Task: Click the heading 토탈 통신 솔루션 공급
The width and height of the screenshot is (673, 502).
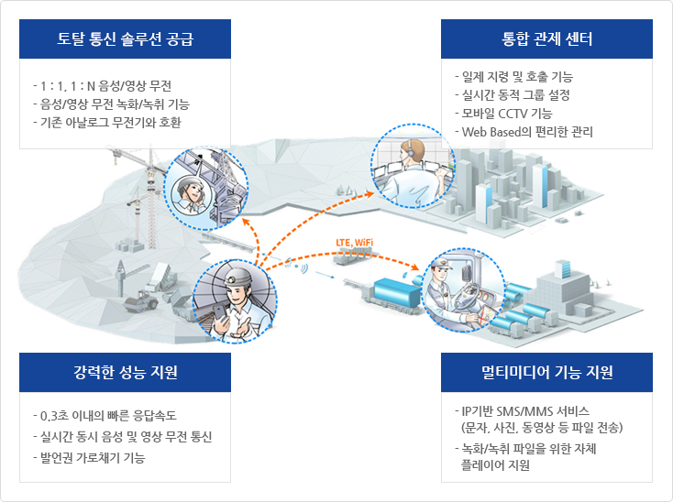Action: pos(125,39)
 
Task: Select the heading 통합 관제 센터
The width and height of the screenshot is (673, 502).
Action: pos(546,39)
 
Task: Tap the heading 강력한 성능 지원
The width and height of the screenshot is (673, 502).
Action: pos(125,372)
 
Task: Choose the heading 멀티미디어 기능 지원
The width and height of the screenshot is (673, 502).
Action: pos(546,372)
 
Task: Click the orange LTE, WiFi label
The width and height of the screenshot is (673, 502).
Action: pos(354,243)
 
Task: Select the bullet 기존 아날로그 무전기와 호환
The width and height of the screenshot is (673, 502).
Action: pos(107,123)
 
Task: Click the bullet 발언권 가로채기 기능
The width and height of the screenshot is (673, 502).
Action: pos(89,458)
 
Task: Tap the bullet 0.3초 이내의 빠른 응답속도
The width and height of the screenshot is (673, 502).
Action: pos(105,415)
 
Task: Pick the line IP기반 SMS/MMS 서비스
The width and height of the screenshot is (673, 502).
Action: pos(522,411)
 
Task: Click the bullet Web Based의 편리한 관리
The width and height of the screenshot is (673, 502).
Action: pos(524,132)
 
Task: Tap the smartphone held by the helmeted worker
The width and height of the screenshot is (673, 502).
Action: pos(219,312)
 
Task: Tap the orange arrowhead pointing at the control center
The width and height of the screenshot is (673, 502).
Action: pos(370,194)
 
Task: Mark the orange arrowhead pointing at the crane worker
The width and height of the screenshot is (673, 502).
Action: pos(246,222)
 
